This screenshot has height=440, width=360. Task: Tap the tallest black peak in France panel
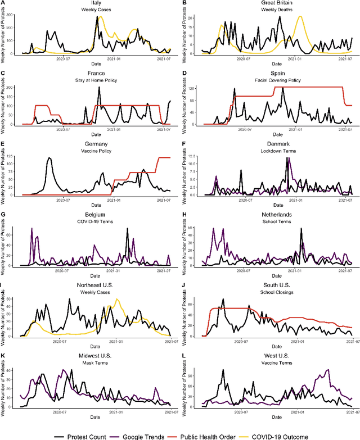99,88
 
